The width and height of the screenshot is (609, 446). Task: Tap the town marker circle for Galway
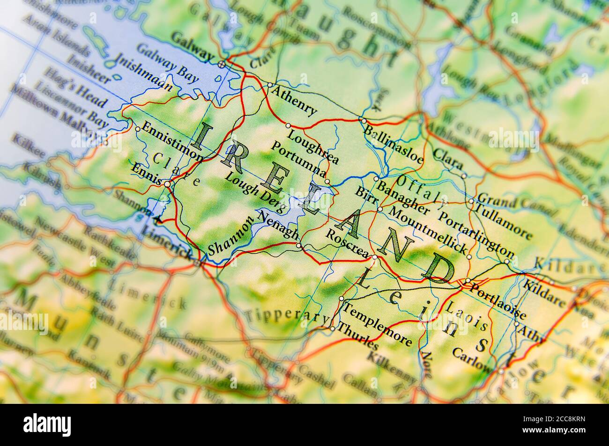tap(222, 63)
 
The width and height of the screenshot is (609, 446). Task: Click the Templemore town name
tap(378, 323)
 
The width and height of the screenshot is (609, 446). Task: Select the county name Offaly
tap(422, 190)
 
